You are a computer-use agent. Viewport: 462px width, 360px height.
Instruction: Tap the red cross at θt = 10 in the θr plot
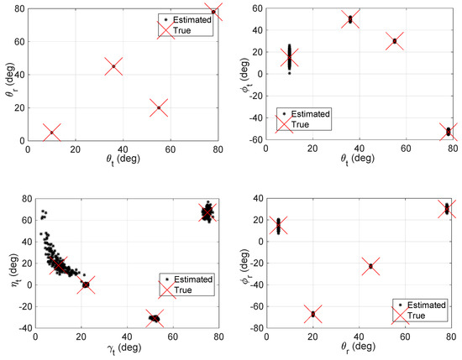coord(52,133)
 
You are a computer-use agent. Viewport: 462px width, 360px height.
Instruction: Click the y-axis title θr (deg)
coord(10,71)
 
